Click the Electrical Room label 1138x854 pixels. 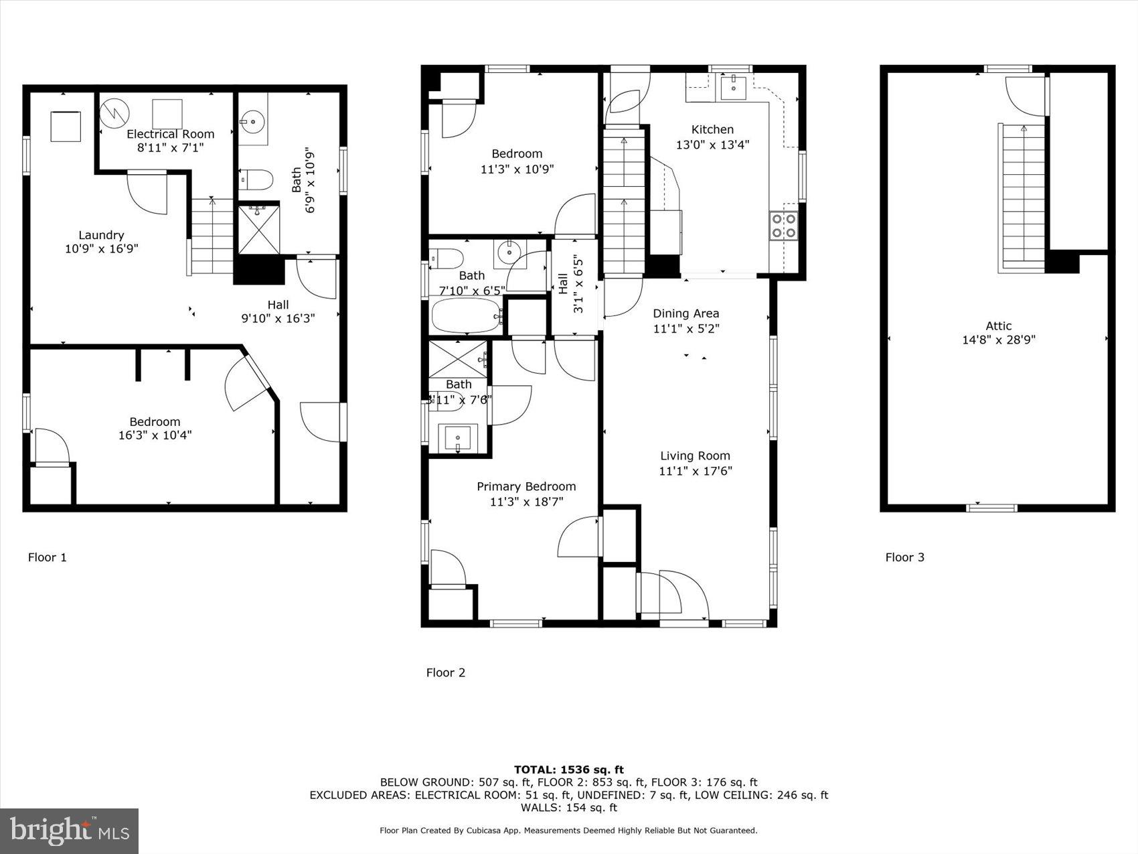coord(170,134)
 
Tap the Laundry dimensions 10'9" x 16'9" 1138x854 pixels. coord(102,249)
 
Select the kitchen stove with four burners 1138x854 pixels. coord(784,225)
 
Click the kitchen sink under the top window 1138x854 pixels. coord(734,86)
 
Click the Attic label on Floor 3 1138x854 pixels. coord(998,326)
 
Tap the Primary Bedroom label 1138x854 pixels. coord(526,487)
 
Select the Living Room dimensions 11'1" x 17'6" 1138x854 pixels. coord(695,471)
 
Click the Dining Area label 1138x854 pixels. coord(685,313)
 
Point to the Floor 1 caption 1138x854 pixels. coord(47,557)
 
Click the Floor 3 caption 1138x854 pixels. coord(904,557)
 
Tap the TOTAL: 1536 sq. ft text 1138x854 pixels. coord(568,770)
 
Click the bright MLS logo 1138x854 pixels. coord(70,831)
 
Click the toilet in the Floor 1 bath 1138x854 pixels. coord(257,180)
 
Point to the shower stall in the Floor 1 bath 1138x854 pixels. coord(259,229)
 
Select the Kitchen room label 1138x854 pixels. coord(712,130)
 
